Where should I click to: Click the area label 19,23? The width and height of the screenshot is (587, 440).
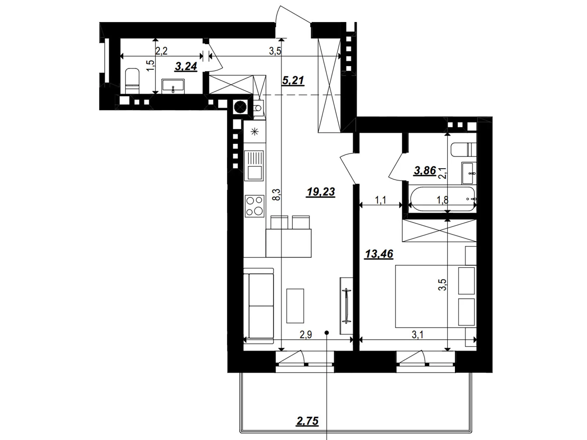click(321, 192)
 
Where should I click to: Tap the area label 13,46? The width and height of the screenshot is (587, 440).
click(379, 254)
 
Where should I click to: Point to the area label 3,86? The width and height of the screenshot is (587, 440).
click(425, 170)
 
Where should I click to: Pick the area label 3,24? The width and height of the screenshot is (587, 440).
click(186, 66)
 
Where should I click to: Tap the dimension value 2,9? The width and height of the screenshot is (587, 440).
click(306, 334)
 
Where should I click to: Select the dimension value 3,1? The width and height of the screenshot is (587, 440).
click(418, 334)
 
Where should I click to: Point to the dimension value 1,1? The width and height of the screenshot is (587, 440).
click(380, 200)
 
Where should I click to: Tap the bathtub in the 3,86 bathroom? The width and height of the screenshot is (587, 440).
click(442, 199)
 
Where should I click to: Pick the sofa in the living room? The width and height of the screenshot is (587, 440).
click(259, 306)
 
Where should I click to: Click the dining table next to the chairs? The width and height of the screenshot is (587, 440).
click(289, 243)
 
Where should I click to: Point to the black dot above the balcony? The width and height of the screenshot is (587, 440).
click(327, 333)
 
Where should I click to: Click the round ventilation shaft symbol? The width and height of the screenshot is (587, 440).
click(240, 107)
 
